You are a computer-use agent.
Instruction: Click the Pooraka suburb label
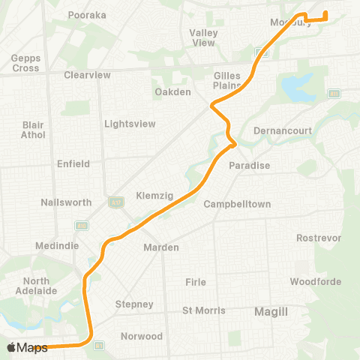tap(86, 14)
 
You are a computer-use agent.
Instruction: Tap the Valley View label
tap(204, 37)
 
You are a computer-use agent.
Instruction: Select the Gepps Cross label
tap(25, 63)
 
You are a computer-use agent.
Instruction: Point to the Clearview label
tap(87, 75)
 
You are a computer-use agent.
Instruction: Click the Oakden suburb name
tap(173, 91)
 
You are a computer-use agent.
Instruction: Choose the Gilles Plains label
tap(227, 81)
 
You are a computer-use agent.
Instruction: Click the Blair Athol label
tap(34, 130)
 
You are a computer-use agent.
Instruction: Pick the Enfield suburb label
tap(73, 163)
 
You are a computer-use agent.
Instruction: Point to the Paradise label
tap(250, 165)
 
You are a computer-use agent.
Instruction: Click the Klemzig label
tap(154, 195)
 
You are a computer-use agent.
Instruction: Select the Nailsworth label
tap(66, 202)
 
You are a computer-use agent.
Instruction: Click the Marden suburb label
tap(161, 247)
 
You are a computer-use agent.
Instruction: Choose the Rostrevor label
tap(319, 238)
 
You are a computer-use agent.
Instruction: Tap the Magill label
tap(271, 310)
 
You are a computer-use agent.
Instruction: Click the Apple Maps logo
tap(27, 347)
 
